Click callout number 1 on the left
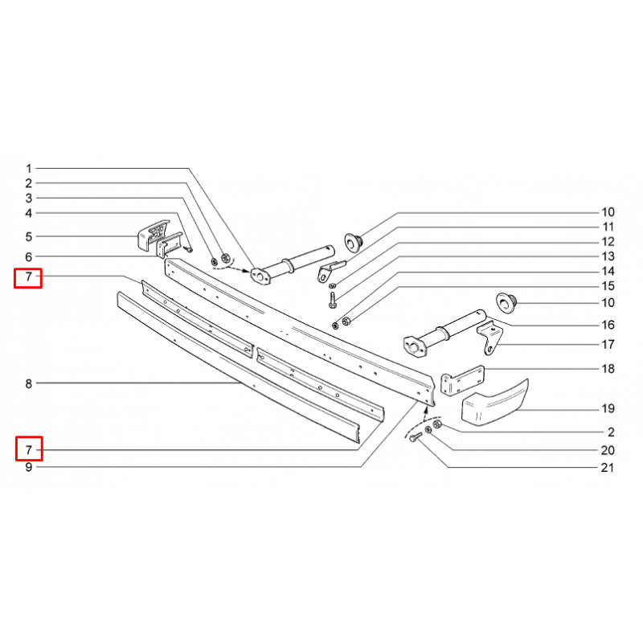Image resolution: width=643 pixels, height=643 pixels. click(x=29, y=169)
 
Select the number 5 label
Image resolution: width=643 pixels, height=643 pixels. click(x=29, y=236)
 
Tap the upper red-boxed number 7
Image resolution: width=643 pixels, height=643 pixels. click(x=29, y=276)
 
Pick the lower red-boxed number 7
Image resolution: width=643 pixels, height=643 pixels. click(x=29, y=450)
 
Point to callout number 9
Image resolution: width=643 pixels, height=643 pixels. click(x=29, y=467)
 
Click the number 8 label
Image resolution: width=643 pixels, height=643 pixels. click(x=29, y=383)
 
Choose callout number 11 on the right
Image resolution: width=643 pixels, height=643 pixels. click(x=608, y=227)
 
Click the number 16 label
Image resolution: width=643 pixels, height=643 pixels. click(x=608, y=325)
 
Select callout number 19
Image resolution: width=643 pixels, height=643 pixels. click(x=608, y=408)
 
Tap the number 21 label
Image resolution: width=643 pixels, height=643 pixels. click(x=608, y=468)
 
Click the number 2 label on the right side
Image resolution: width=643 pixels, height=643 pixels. click(x=611, y=432)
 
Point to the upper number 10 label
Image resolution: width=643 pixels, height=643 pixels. click(x=608, y=212)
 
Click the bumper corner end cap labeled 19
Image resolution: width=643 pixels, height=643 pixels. click(x=495, y=403)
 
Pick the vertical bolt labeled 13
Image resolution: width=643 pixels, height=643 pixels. click(x=332, y=300)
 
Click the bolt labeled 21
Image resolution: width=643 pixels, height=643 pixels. click(x=416, y=437)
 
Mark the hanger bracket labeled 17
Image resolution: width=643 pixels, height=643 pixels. click(x=490, y=338)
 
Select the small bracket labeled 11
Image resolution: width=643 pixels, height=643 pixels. click(x=330, y=271)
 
